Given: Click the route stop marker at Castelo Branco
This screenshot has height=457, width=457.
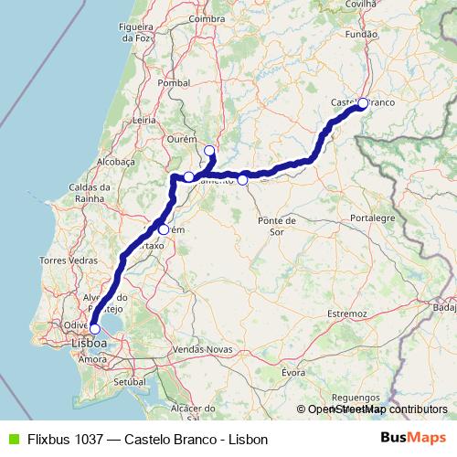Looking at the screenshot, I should point(362,103).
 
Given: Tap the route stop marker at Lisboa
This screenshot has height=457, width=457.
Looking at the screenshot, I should point(94,329).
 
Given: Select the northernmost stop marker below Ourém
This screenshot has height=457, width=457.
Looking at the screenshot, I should point(209,151).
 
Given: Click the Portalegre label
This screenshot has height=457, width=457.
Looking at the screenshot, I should point(372,218).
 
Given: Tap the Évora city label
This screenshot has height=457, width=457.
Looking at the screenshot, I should point(292,372).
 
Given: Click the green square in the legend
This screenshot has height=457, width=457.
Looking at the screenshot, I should point(12,439).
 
